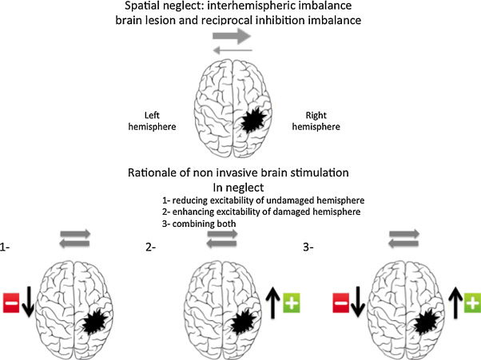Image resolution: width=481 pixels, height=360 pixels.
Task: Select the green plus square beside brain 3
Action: (471, 304)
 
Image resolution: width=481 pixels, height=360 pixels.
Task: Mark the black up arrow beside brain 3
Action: (454, 304)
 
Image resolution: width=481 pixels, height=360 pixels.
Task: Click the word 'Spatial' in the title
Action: (164, 8)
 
